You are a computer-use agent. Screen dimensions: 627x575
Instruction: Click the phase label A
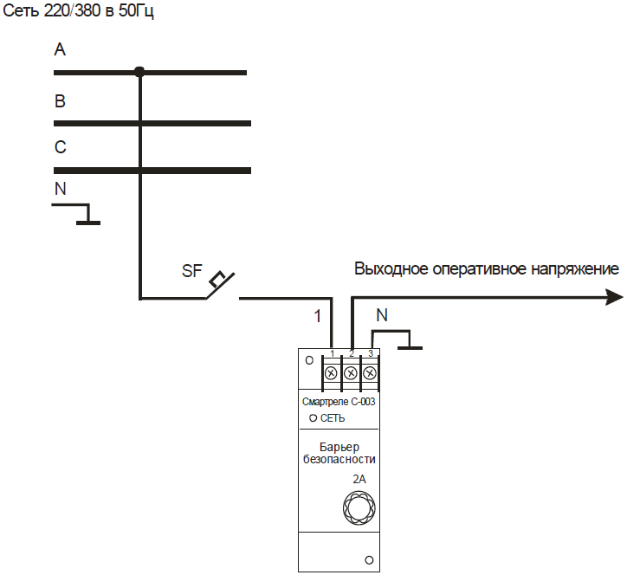click(x=60, y=49)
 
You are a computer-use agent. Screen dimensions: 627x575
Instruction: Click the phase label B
click(x=60, y=101)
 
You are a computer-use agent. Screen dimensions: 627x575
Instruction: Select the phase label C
click(x=61, y=147)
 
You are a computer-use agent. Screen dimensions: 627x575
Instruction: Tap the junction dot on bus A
click(x=139, y=72)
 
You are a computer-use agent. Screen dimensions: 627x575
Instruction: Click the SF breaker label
click(x=192, y=271)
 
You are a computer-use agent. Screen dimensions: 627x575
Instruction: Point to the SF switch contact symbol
click(x=220, y=285)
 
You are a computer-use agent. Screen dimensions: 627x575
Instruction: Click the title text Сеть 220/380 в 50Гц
click(x=78, y=10)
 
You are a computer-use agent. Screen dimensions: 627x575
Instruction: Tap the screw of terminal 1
click(x=331, y=373)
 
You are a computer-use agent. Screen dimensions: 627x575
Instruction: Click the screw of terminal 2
click(x=351, y=373)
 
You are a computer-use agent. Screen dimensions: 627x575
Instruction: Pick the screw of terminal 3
click(x=370, y=373)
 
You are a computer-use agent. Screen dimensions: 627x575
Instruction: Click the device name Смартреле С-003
click(x=339, y=402)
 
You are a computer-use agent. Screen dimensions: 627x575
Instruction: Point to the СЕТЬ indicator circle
click(x=313, y=418)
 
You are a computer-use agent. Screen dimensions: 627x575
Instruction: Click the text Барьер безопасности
click(x=339, y=453)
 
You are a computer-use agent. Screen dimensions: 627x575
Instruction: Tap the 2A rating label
click(x=359, y=479)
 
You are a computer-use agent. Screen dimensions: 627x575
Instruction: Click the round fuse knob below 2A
click(x=359, y=507)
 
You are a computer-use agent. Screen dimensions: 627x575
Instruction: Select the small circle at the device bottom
click(x=369, y=560)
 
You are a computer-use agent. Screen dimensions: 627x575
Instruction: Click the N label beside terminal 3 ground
click(x=382, y=315)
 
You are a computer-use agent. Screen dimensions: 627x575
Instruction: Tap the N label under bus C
click(x=61, y=189)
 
